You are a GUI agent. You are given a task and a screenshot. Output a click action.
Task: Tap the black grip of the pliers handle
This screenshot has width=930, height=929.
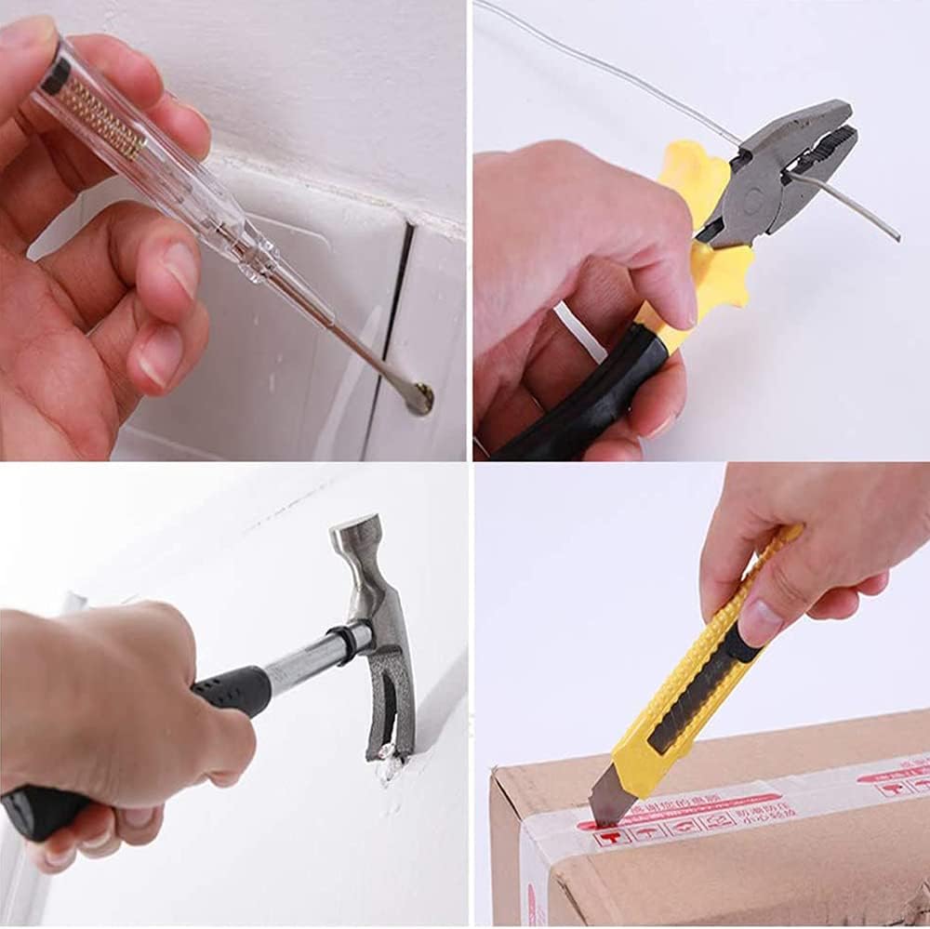pos(595,391)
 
